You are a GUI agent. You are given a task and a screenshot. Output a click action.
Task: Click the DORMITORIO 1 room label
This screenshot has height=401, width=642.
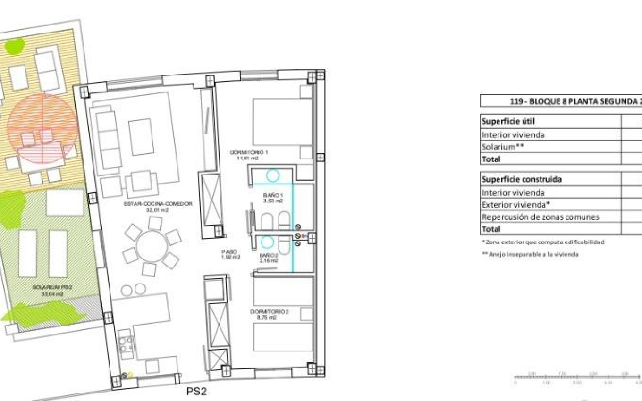244,155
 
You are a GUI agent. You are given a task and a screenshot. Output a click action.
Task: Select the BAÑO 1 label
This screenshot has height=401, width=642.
273,197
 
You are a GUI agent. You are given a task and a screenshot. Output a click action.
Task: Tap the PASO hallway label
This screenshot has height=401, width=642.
231,255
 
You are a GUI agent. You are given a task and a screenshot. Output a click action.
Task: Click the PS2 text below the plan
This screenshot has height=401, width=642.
196,392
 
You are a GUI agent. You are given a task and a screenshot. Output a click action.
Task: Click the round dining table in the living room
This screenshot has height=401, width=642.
152,246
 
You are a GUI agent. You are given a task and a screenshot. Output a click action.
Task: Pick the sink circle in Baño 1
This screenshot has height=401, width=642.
272,175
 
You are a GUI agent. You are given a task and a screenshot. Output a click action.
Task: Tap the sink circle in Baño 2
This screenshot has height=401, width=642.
267,242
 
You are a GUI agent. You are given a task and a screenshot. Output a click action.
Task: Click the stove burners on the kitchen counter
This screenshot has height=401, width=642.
126,343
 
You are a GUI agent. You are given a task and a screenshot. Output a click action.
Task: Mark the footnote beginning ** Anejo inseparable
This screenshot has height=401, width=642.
530,254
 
